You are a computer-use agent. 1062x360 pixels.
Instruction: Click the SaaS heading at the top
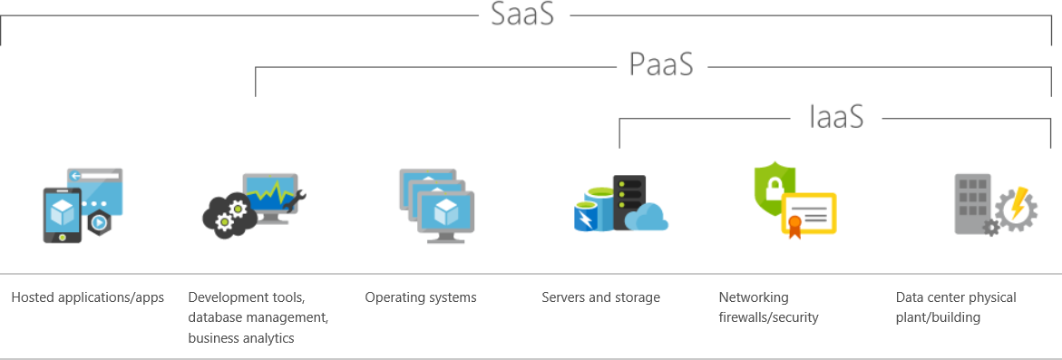point(522,15)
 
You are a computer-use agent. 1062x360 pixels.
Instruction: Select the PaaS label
point(661,65)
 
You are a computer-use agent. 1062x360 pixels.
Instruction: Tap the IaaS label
point(835,117)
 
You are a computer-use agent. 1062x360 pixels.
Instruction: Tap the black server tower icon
point(628,202)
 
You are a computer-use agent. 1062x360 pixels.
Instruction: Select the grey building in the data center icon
point(972,202)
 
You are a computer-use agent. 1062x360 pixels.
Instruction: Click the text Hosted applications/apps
point(87,297)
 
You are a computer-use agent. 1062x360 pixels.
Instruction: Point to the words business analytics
point(241,338)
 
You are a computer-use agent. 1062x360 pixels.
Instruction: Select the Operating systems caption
point(421,297)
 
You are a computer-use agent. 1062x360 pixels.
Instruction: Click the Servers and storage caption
point(600,297)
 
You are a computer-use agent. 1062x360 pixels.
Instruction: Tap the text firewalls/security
point(768,317)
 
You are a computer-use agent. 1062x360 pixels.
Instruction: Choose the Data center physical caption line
point(956,297)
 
